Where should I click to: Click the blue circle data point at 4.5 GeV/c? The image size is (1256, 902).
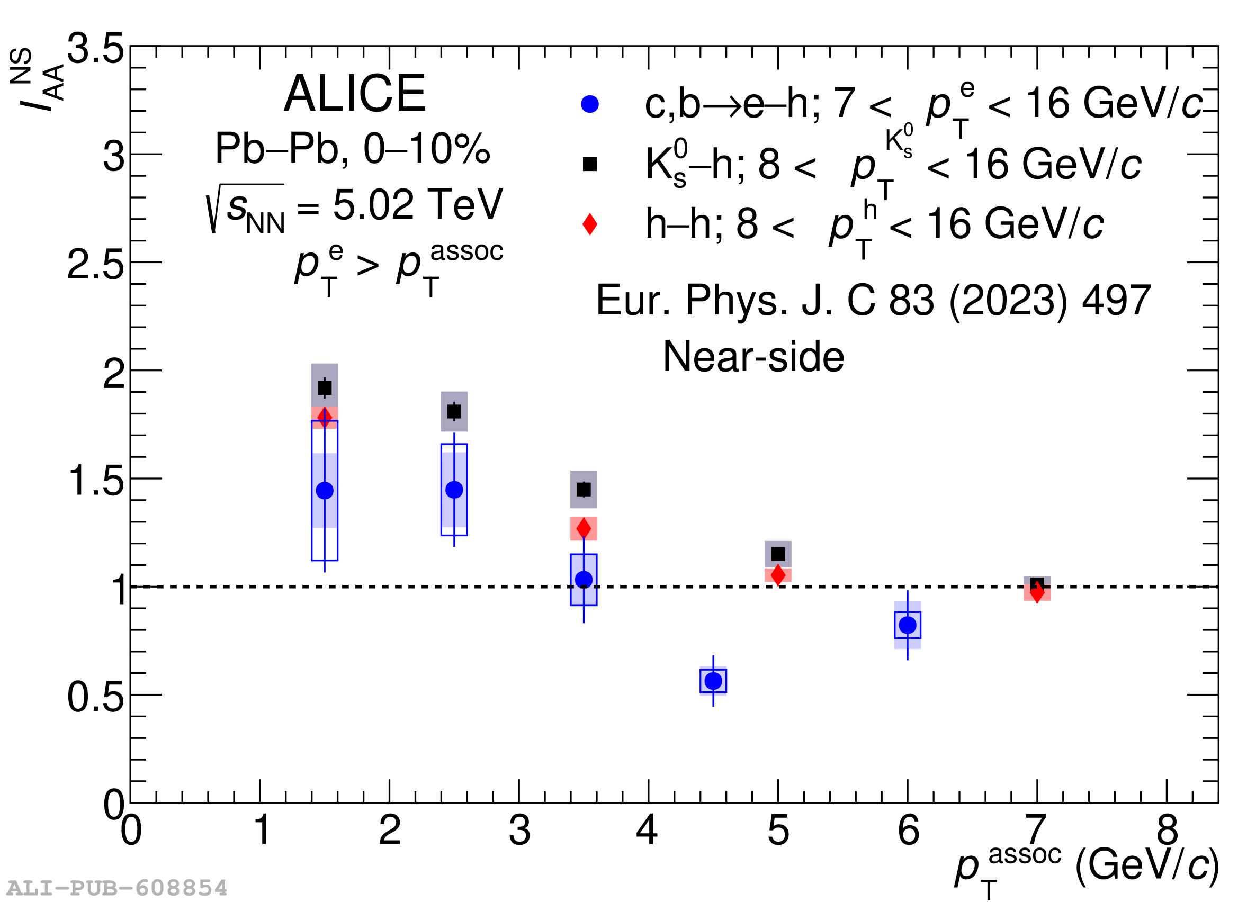coord(713,681)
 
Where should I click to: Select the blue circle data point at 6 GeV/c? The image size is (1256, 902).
coord(908,625)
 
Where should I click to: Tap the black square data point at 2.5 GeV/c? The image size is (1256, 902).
coord(454,411)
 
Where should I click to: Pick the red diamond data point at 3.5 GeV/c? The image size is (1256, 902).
coord(584,528)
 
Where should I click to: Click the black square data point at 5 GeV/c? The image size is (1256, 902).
coord(778,554)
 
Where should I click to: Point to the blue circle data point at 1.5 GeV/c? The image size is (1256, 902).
coord(325,491)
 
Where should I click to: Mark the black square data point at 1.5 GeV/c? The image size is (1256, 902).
coord(325,387)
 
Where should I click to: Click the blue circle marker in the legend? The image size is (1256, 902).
coord(590,104)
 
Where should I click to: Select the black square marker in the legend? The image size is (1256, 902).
coord(590,164)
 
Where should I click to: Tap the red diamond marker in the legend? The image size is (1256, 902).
coord(590,224)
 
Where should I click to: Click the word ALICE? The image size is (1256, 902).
coord(354,94)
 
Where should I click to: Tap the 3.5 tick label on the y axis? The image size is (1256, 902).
coord(95,49)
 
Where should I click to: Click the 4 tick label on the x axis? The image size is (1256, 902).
coord(648,831)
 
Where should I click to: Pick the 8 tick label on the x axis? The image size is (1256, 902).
coord(1168,831)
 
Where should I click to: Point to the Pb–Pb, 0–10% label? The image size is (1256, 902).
coord(353,148)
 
